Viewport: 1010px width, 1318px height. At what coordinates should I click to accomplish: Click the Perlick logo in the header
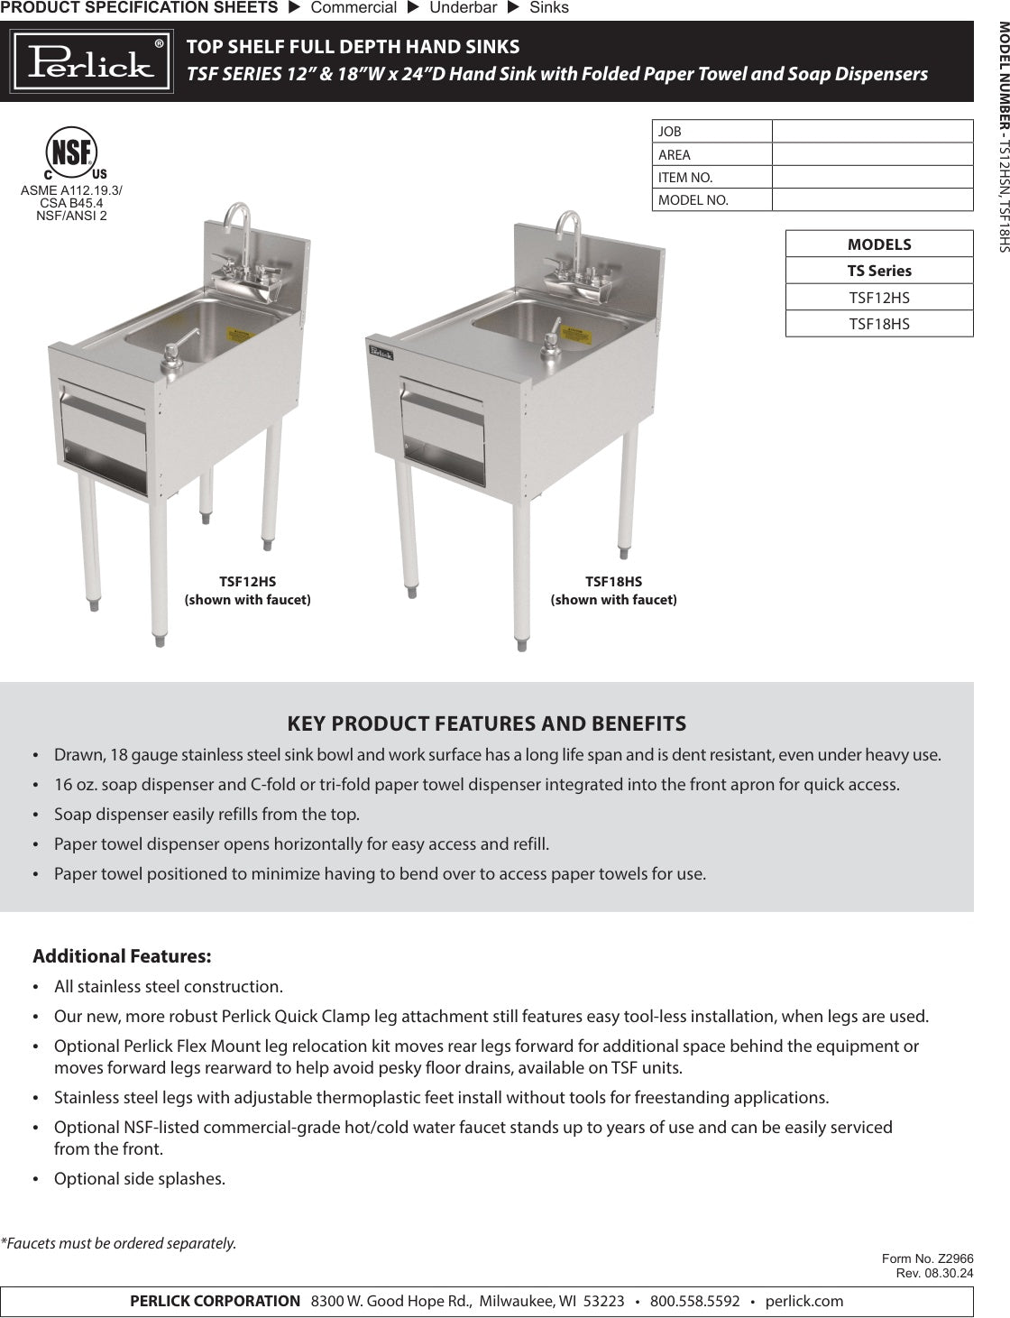[91, 61]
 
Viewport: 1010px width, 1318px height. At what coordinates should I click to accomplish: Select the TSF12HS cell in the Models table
[879, 297]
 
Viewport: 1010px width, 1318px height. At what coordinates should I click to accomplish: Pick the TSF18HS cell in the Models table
[879, 323]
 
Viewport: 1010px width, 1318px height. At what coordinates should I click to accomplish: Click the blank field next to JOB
[872, 132]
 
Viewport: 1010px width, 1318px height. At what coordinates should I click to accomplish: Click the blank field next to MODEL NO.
[872, 199]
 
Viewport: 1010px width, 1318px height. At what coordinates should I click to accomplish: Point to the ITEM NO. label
[685, 177]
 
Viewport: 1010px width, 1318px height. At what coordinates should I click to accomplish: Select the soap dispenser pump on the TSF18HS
[550, 341]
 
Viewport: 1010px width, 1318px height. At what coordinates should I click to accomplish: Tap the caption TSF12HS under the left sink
[247, 582]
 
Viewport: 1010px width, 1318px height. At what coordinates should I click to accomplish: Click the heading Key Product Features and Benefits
[486, 724]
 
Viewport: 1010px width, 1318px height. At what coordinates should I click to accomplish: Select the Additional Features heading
[122, 955]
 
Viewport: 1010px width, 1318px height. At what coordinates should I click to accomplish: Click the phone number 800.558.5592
[694, 1301]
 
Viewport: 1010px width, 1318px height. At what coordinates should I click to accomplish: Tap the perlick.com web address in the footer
[804, 1301]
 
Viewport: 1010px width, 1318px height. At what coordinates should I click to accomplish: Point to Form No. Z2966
[927, 1258]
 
